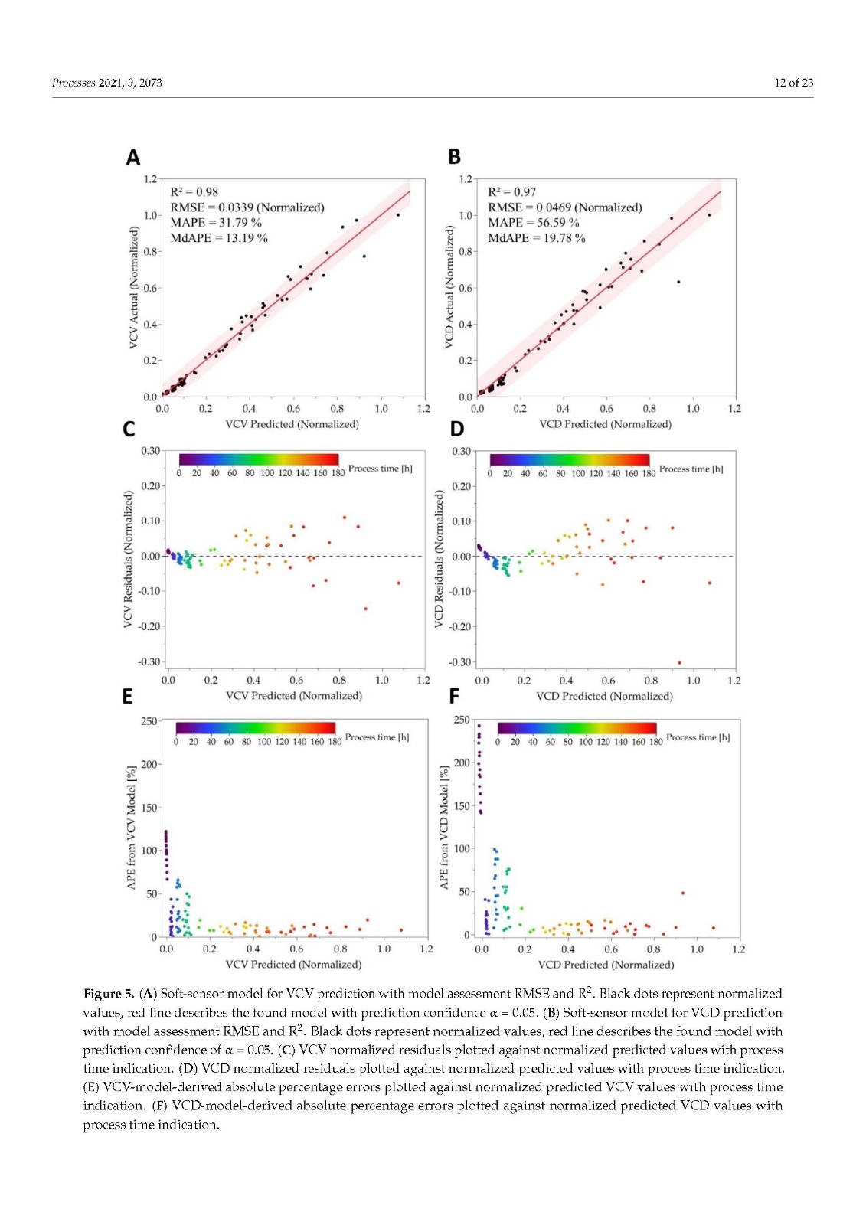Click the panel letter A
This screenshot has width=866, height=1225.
pyautogui.click(x=133, y=158)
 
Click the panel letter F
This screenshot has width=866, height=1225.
pyautogui.click(x=454, y=696)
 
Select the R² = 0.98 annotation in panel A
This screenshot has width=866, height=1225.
pyautogui.click(x=194, y=192)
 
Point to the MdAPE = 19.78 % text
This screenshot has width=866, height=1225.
pyautogui.click(x=536, y=238)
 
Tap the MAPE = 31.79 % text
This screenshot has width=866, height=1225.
pyautogui.click(x=215, y=223)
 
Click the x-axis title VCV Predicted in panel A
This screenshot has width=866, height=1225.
pyautogui.click(x=292, y=424)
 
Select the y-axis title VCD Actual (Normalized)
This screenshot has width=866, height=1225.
pyautogui.click(x=449, y=287)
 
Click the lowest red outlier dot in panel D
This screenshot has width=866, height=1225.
pyautogui.click(x=679, y=663)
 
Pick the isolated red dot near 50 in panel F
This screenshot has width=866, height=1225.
pyautogui.click(x=683, y=893)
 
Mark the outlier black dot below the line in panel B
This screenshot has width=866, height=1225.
pyautogui.click(x=678, y=282)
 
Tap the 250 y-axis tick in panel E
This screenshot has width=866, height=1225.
pyautogui.click(x=149, y=721)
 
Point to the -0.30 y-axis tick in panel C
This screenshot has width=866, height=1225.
pyautogui.click(x=150, y=661)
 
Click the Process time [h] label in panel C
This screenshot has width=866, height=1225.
pyautogui.click(x=380, y=469)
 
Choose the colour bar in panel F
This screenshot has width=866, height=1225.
pyautogui.click(x=577, y=728)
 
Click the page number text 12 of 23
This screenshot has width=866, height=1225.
pyautogui.click(x=793, y=83)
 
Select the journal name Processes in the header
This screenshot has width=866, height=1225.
pyautogui.click(x=74, y=83)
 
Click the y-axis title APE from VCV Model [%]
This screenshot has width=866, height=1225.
pyautogui.click(x=131, y=828)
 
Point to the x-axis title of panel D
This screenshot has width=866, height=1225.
pyautogui.click(x=604, y=696)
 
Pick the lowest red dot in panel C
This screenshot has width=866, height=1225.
pyautogui.click(x=365, y=609)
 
